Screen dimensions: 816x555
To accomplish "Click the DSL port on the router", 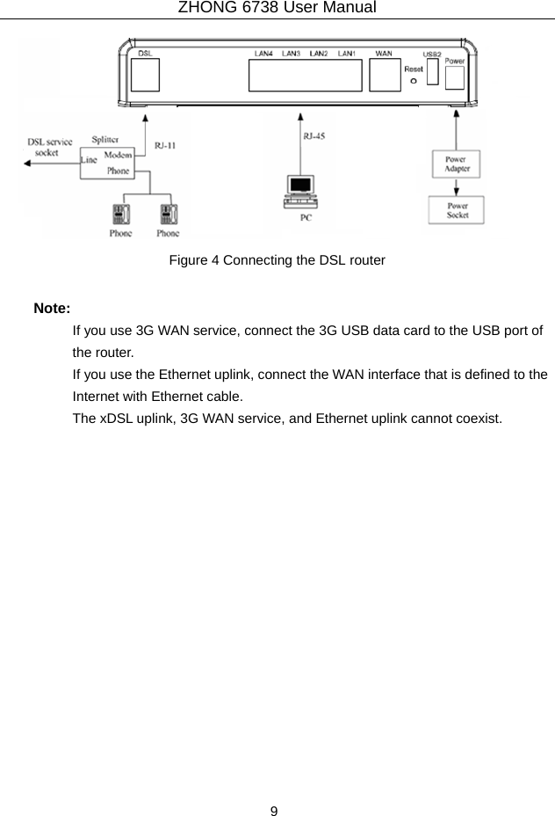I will [x=148, y=76].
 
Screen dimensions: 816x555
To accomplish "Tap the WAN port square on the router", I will [x=384, y=76].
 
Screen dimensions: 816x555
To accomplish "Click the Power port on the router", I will [x=455, y=77].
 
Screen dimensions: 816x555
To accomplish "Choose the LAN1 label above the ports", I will [x=347, y=54].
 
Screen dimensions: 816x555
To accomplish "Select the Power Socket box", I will [x=457, y=211].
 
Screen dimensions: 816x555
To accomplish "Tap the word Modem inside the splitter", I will [x=119, y=156].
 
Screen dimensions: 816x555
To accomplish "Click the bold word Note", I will [x=52, y=309].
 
